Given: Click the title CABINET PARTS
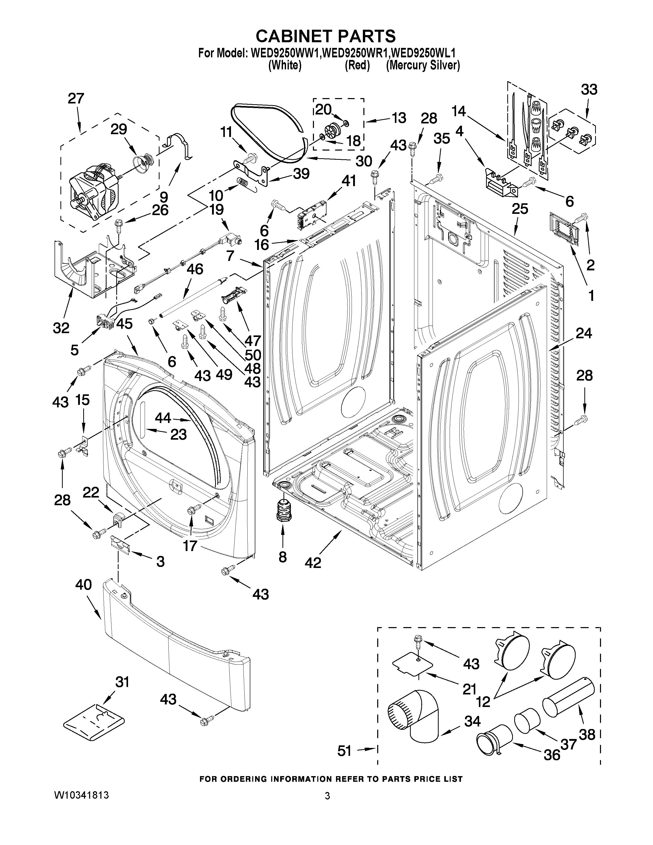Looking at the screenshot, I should (x=326, y=36).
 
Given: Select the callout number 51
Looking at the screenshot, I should (x=344, y=751).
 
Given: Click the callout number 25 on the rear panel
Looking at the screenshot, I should (x=520, y=209).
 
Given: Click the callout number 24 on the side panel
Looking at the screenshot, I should (x=583, y=333).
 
